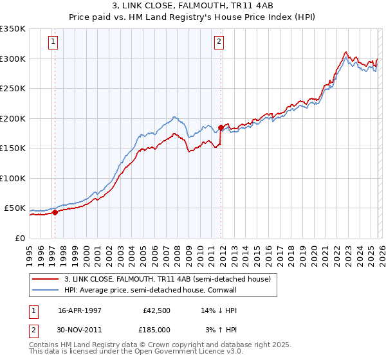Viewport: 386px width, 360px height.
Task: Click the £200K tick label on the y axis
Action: [13, 118]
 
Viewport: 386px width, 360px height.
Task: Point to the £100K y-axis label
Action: [13, 178]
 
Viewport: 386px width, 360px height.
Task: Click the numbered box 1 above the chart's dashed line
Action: [53, 42]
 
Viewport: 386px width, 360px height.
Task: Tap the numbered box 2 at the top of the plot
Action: [219, 42]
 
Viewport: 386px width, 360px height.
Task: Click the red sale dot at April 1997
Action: [55, 212]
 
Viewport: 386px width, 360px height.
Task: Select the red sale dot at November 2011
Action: [221, 127]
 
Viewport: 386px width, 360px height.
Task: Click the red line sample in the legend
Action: [46, 279]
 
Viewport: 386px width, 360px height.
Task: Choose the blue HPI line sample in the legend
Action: [46, 290]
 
